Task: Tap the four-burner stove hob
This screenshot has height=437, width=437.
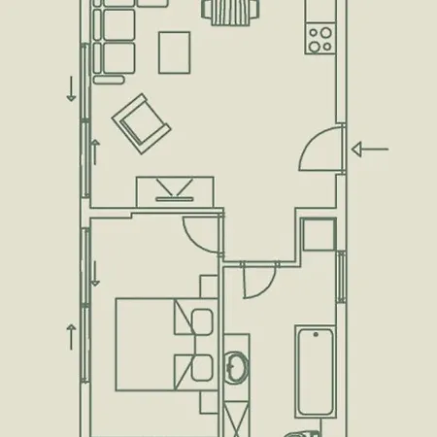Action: point(319,38)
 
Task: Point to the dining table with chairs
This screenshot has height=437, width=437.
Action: point(232,12)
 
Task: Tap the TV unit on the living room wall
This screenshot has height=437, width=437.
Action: point(175,188)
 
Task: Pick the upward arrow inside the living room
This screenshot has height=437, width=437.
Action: point(96,151)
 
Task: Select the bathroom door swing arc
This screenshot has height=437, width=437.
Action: point(256,283)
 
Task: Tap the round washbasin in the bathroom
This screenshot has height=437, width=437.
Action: point(235,367)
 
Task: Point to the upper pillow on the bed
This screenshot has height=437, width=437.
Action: point(203,321)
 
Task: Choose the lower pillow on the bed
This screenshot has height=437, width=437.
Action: point(203,368)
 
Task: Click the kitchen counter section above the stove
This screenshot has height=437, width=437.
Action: point(319,11)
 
